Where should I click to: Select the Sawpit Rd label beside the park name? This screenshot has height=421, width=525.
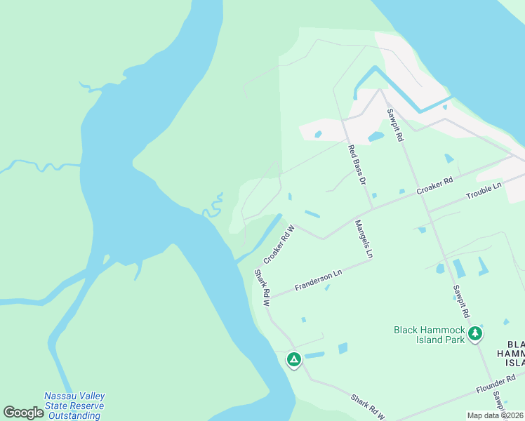pyautogui.click(x=460, y=302)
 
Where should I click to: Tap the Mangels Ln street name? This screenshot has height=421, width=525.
pyautogui.click(x=363, y=239)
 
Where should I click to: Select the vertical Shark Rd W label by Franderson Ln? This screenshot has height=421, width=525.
pyautogui.click(x=261, y=288)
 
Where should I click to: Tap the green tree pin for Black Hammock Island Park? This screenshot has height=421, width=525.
pyautogui.click(x=476, y=333)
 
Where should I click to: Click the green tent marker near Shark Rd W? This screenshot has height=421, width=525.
pyautogui.click(x=294, y=360)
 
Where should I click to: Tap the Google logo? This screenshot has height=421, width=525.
pyautogui.click(x=24, y=413)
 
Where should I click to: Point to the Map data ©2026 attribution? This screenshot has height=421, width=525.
pyautogui.click(x=495, y=415)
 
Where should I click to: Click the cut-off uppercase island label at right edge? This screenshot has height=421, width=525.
pyautogui.click(x=515, y=353)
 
